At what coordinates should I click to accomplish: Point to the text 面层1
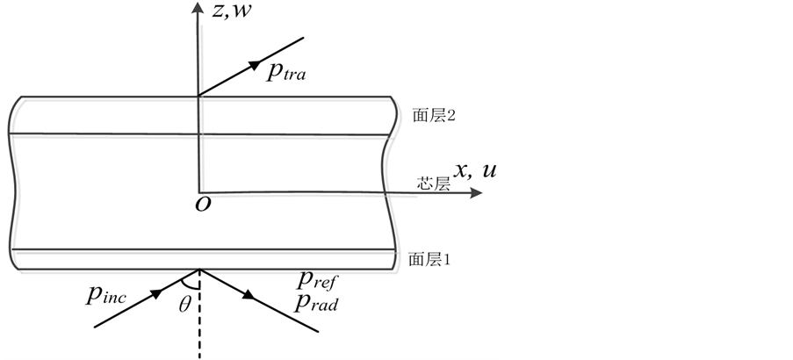[430, 260]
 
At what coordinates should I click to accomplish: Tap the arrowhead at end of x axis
[476, 193]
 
